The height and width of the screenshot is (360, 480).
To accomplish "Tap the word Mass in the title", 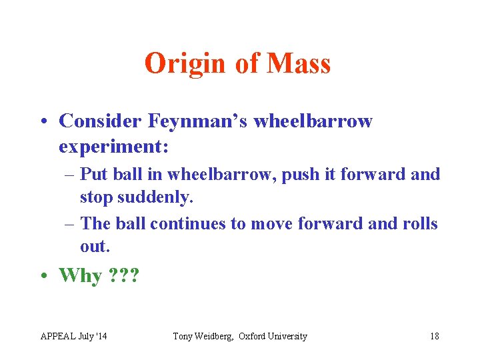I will [299, 63].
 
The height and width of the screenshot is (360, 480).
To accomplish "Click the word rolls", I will [419, 223].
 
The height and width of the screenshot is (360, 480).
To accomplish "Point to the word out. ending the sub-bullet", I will [94, 246].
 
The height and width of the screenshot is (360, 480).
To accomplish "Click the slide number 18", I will [434, 336].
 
